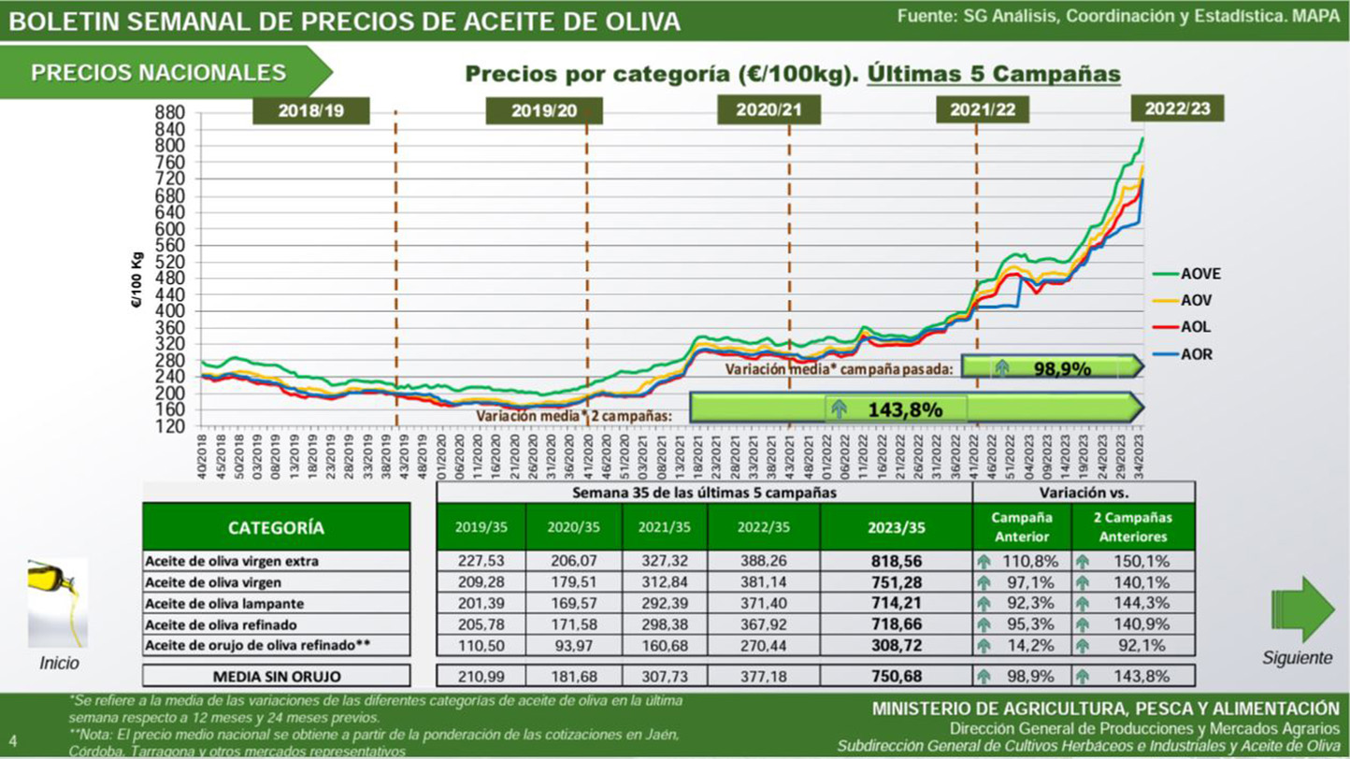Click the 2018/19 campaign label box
click(x=311, y=110)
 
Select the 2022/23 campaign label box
click(x=1177, y=108)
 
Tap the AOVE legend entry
click(x=1199, y=274)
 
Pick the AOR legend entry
click(x=1196, y=354)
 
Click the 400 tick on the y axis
click(x=179, y=311)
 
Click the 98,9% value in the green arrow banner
click(x=1062, y=368)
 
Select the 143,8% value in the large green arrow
click(x=904, y=409)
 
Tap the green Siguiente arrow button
click(x=1302, y=609)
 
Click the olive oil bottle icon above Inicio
click(x=58, y=603)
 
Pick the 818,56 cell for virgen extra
click(x=896, y=562)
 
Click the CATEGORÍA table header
click(x=276, y=527)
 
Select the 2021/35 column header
click(x=664, y=527)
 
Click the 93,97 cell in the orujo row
click(x=573, y=646)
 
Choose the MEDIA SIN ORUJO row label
click(x=276, y=676)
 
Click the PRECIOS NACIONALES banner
click(x=159, y=73)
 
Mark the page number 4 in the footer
click(x=13, y=743)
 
